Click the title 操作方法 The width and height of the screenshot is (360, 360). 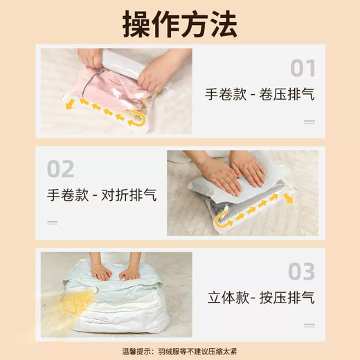(x=180, y=24)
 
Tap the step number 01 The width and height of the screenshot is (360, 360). (x=303, y=68)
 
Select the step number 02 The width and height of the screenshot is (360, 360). (x=61, y=169)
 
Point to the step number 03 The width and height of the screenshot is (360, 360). (x=302, y=271)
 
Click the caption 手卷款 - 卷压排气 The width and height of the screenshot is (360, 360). (x=260, y=94)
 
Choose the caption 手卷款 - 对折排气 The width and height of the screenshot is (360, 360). (x=102, y=195)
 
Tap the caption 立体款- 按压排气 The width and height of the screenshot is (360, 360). (x=261, y=298)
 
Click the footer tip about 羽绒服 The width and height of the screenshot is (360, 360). (x=179, y=352)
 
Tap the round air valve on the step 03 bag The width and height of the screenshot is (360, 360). (x=94, y=290)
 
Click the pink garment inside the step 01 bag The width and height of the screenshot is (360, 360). (x=109, y=88)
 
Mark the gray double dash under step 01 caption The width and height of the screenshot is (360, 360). (x=309, y=122)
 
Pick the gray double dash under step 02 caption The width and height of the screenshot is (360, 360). (x=53, y=222)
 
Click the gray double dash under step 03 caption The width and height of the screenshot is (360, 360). (x=309, y=325)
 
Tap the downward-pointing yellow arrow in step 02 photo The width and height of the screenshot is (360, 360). (x=288, y=199)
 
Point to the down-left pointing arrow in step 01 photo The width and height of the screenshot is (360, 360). (x=70, y=104)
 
